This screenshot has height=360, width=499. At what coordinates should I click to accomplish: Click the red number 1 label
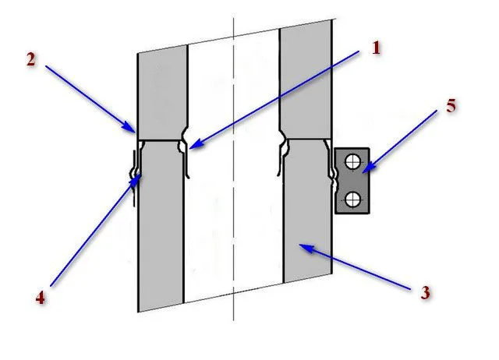tap(376, 48)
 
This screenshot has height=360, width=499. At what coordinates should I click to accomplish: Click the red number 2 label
tap(31, 60)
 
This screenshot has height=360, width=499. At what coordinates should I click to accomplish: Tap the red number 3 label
tap(425, 292)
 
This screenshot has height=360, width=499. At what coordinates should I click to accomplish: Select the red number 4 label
tap(40, 298)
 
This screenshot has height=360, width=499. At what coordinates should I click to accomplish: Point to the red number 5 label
tap(451, 106)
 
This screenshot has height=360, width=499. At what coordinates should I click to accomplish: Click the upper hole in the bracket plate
tap(352, 161)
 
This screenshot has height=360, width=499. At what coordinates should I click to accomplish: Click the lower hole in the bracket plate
tap(352, 199)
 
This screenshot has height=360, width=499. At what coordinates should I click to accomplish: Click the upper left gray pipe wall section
tap(161, 94)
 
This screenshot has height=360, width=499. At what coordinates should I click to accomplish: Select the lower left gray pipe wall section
tap(161, 226)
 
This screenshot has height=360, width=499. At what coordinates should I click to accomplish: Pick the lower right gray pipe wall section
tap(307, 210)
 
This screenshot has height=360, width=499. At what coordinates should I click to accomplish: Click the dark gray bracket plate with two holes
tap(352, 181)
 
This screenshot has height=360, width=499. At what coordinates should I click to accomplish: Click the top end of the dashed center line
tap(234, 18)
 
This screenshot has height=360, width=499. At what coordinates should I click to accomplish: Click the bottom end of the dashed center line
tap(234, 320)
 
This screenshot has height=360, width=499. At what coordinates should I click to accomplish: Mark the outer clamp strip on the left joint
tap(134, 178)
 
